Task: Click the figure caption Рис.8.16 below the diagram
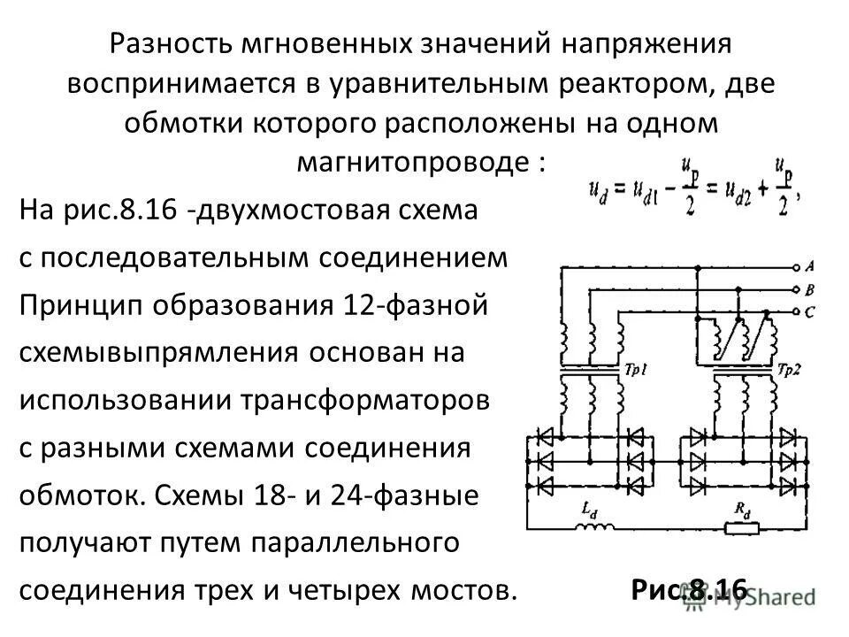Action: (690, 587)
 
